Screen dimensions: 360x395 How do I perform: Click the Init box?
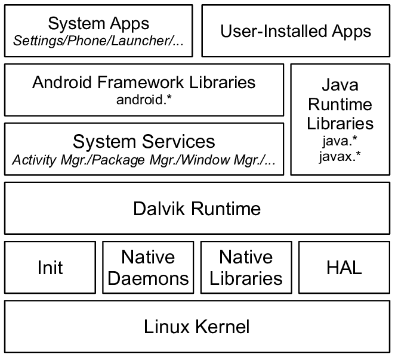pyautogui.click(x=50, y=267)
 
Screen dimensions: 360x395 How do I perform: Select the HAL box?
pyautogui.click(x=344, y=267)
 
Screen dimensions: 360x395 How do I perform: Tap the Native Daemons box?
pyautogui.click(x=147, y=267)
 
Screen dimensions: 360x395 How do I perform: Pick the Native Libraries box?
pyautogui.click(x=245, y=267)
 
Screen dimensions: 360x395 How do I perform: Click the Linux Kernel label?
pyautogui.click(x=196, y=327)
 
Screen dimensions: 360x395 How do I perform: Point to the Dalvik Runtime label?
pyautogui.click(x=196, y=209)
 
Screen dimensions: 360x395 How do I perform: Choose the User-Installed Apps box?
pyautogui.click(x=295, y=30)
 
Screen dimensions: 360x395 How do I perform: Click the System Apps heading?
pyautogui.click(x=98, y=23)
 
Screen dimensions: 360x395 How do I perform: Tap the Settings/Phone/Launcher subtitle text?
pyautogui.click(x=98, y=42)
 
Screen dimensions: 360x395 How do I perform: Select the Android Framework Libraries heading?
pyautogui.click(x=144, y=82)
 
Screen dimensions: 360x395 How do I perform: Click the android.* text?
pyautogui.click(x=144, y=99)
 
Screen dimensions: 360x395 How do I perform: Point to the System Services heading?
pyautogui.click(x=144, y=142)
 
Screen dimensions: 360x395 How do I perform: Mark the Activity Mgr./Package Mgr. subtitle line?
pyautogui.click(x=144, y=160)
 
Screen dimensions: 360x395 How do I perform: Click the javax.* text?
pyautogui.click(x=340, y=156)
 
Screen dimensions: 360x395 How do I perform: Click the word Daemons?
pyautogui.click(x=147, y=278)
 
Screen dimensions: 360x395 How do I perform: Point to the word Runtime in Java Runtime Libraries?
pyautogui.click(x=340, y=105)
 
